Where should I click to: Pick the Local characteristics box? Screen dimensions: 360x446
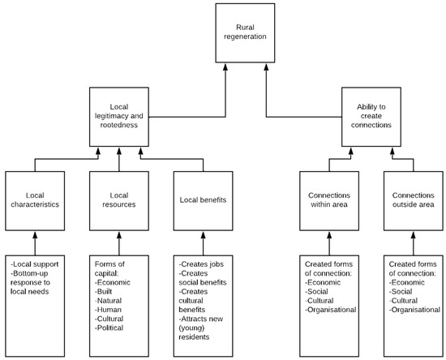click(34, 199)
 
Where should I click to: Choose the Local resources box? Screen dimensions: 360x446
click(119, 199)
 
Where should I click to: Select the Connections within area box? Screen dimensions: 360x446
click(329, 199)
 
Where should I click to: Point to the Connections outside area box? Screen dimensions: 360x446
click(414, 199)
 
